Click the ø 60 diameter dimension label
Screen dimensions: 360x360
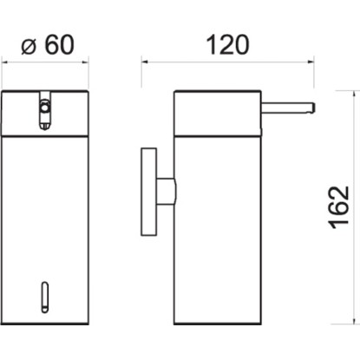tap(48, 45)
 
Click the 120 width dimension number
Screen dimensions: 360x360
tap(227, 45)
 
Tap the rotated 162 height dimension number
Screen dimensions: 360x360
tap(339, 207)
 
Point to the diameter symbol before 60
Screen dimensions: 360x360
tap(29, 47)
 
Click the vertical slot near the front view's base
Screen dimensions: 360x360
tap(45, 297)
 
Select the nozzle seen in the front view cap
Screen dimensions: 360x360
tap(44, 110)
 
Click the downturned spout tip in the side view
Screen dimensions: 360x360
tap(311, 108)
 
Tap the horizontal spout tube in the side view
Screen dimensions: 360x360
tap(287, 106)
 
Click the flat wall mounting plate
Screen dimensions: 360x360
tap(149, 192)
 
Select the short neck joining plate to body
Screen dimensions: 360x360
tap(166, 192)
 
